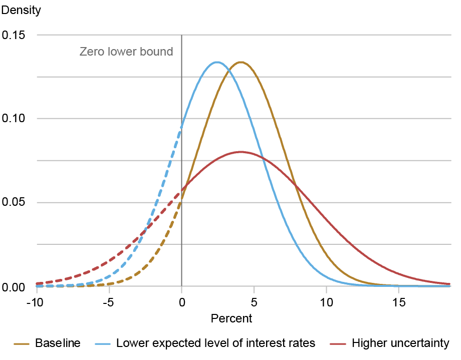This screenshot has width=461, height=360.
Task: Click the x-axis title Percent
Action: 231,318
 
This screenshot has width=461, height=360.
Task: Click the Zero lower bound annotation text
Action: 126,52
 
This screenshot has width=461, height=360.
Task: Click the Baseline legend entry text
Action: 57,343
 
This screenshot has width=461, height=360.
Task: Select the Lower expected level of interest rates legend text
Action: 215,343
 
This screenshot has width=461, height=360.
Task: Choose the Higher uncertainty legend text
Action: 400,343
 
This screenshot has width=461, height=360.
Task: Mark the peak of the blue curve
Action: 217,62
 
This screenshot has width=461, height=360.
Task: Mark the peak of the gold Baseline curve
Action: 241,62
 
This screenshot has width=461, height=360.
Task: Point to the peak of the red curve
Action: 241,152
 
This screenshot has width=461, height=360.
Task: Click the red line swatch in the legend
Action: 339,344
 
